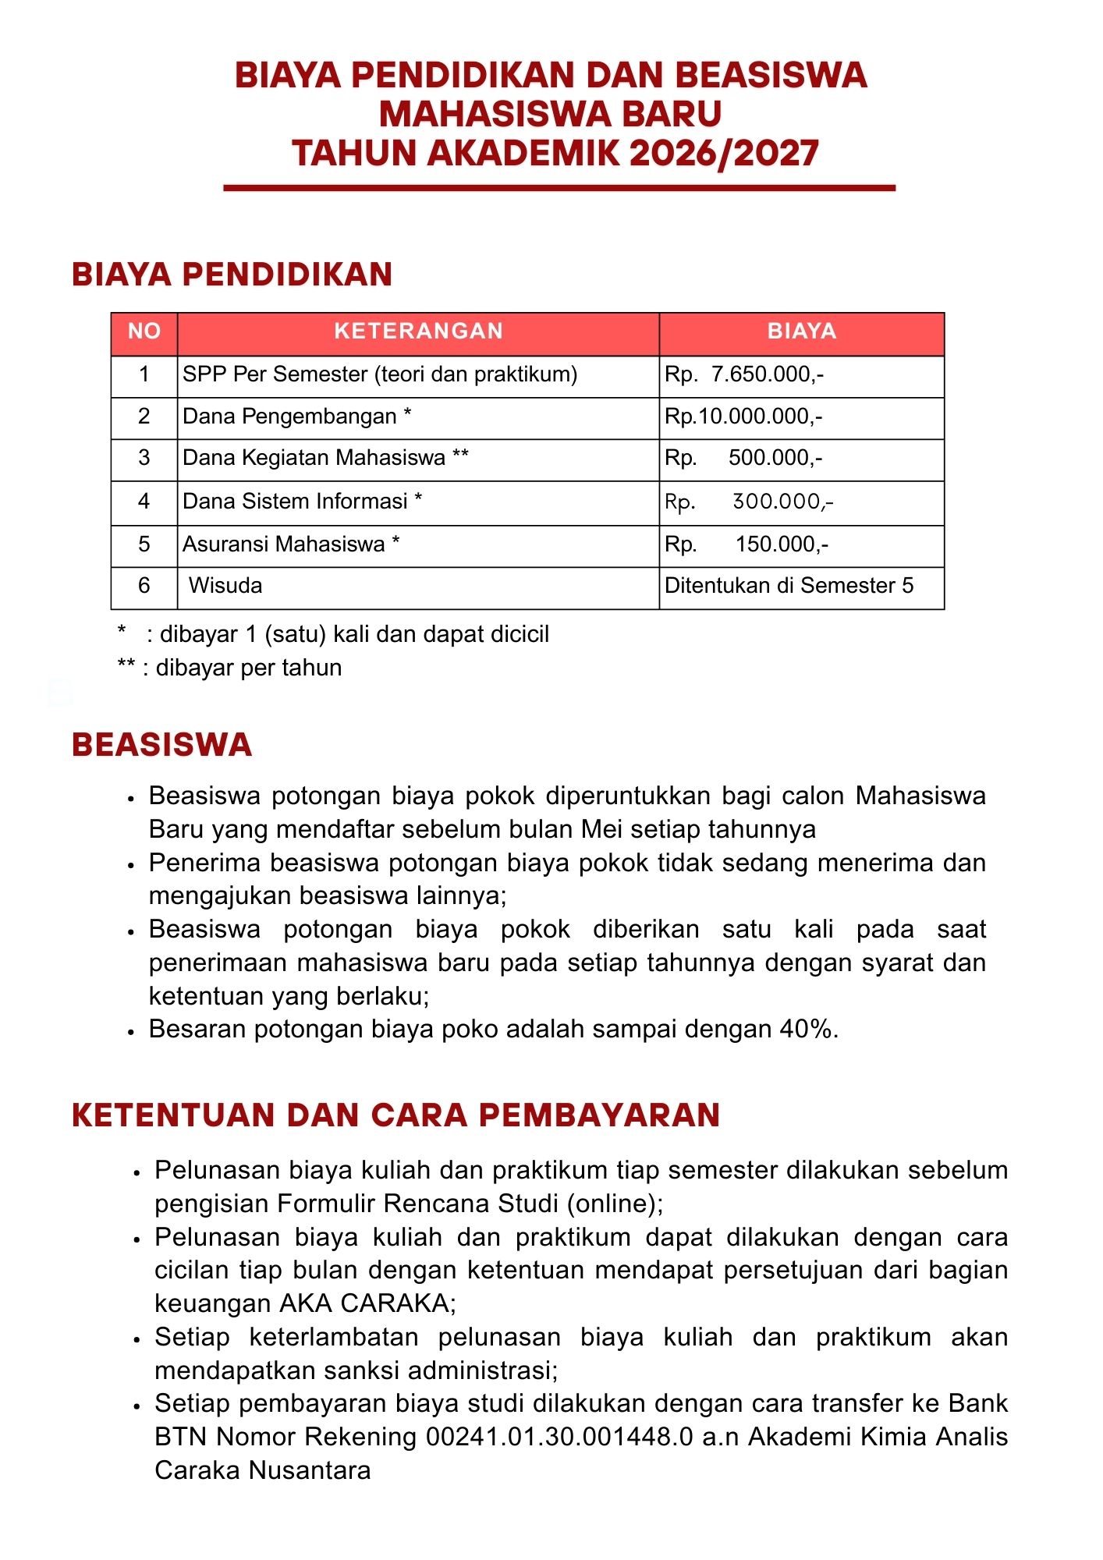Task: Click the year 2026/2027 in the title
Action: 724,153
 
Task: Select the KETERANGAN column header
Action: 418,331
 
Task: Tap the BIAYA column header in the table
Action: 801,331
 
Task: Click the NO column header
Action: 144,331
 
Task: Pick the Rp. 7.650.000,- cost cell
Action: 744,374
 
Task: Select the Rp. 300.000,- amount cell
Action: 749,502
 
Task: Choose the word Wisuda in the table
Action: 225,586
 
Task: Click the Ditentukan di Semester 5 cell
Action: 789,586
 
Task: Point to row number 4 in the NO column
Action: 144,501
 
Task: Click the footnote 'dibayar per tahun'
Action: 248,668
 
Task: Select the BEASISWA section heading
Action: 162,745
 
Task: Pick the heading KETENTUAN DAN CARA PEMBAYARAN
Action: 395,1115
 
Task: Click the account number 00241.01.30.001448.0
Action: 559,1437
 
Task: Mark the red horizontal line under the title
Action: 559,188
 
